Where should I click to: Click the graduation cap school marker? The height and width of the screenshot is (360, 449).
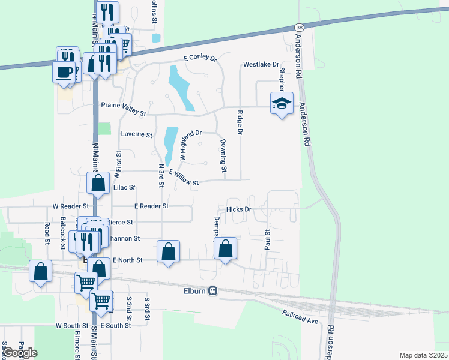click(282, 104)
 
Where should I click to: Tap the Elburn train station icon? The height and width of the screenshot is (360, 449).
click(212, 291)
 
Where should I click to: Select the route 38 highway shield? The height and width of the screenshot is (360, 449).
click(299, 28)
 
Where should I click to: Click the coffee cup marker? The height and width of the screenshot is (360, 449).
click(64, 73)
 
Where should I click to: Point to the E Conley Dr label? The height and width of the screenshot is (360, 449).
click(200, 58)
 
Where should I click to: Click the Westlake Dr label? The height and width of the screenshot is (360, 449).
click(261, 64)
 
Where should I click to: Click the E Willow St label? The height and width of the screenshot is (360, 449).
click(184, 178)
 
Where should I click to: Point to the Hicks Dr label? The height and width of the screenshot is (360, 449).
click(238, 209)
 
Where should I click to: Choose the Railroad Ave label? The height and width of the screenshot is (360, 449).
click(300, 316)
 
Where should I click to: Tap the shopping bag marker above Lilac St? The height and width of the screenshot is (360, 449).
click(98, 182)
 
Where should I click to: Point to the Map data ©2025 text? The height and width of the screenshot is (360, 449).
click(423, 355)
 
